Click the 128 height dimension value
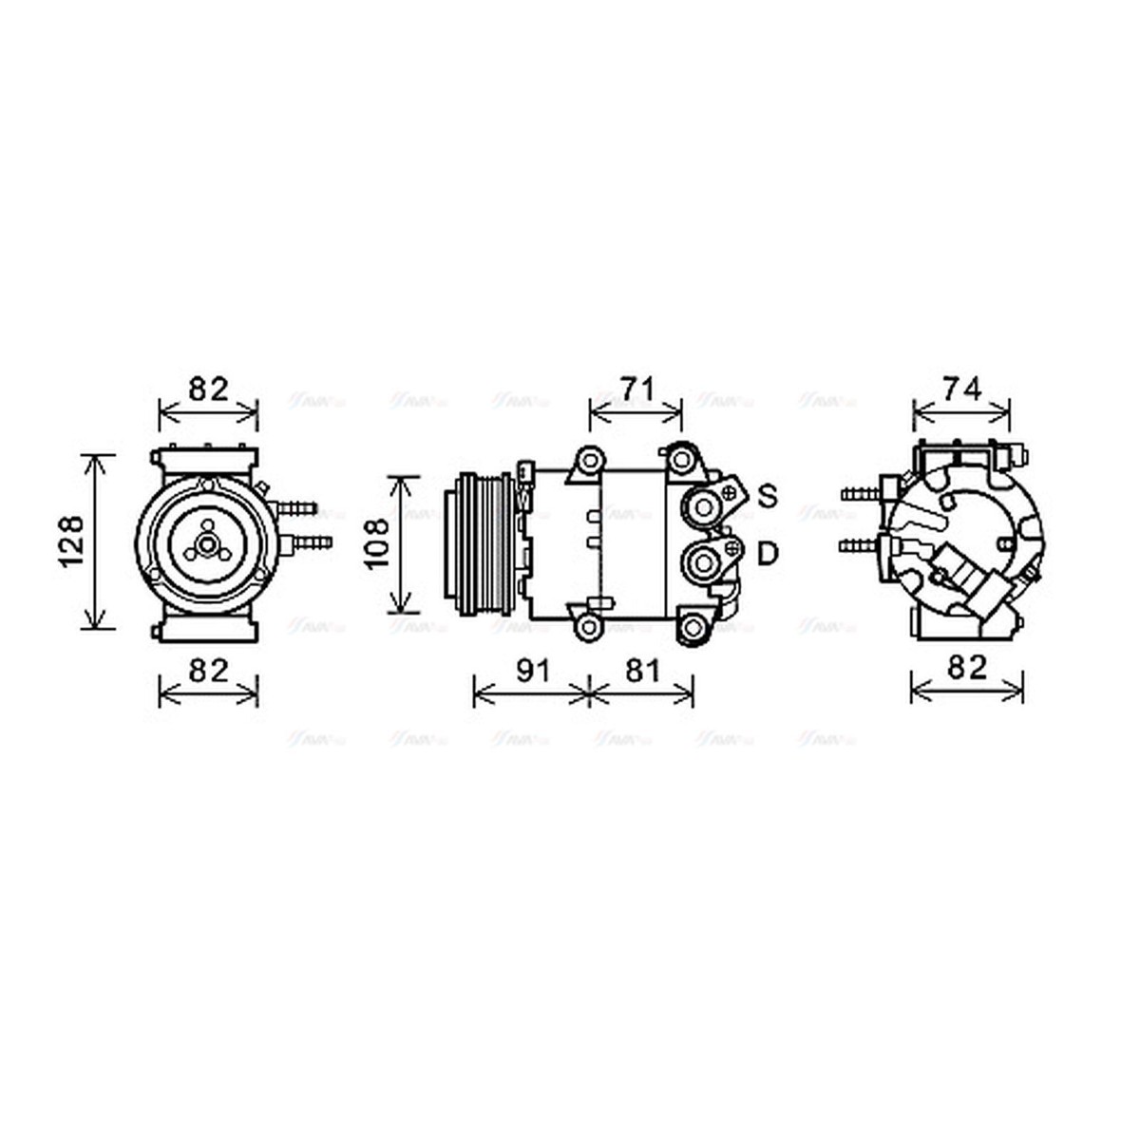(x=72, y=541)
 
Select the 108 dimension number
(x=377, y=542)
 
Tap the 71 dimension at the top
(x=636, y=389)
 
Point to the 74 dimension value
(x=960, y=389)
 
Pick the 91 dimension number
(x=533, y=671)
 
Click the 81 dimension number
(x=643, y=671)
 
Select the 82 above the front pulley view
(x=208, y=389)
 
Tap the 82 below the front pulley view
(x=208, y=671)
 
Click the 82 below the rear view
(x=968, y=667)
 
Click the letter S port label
(x=768, y=495)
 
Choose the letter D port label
(x=768, y=553)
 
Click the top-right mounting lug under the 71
(x=681, y=461)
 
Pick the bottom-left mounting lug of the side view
(x=589, y=627)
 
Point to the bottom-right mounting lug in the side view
(x=694, y=627)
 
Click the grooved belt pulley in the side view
(x=480, y=542)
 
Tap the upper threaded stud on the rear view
(x=859, y=494)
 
